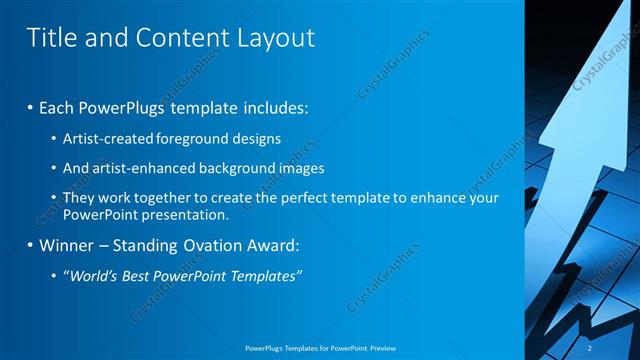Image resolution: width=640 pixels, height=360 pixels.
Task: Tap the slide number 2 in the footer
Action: [x=590, y=347]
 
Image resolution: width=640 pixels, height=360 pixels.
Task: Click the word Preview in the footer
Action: [x=383, y=347]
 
